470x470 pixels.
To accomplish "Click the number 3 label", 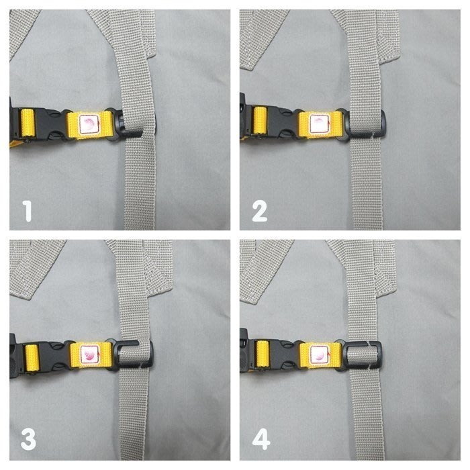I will coord(28,441).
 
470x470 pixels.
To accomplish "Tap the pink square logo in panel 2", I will coord(318,123).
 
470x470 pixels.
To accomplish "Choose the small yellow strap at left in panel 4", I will coord(264,353).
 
